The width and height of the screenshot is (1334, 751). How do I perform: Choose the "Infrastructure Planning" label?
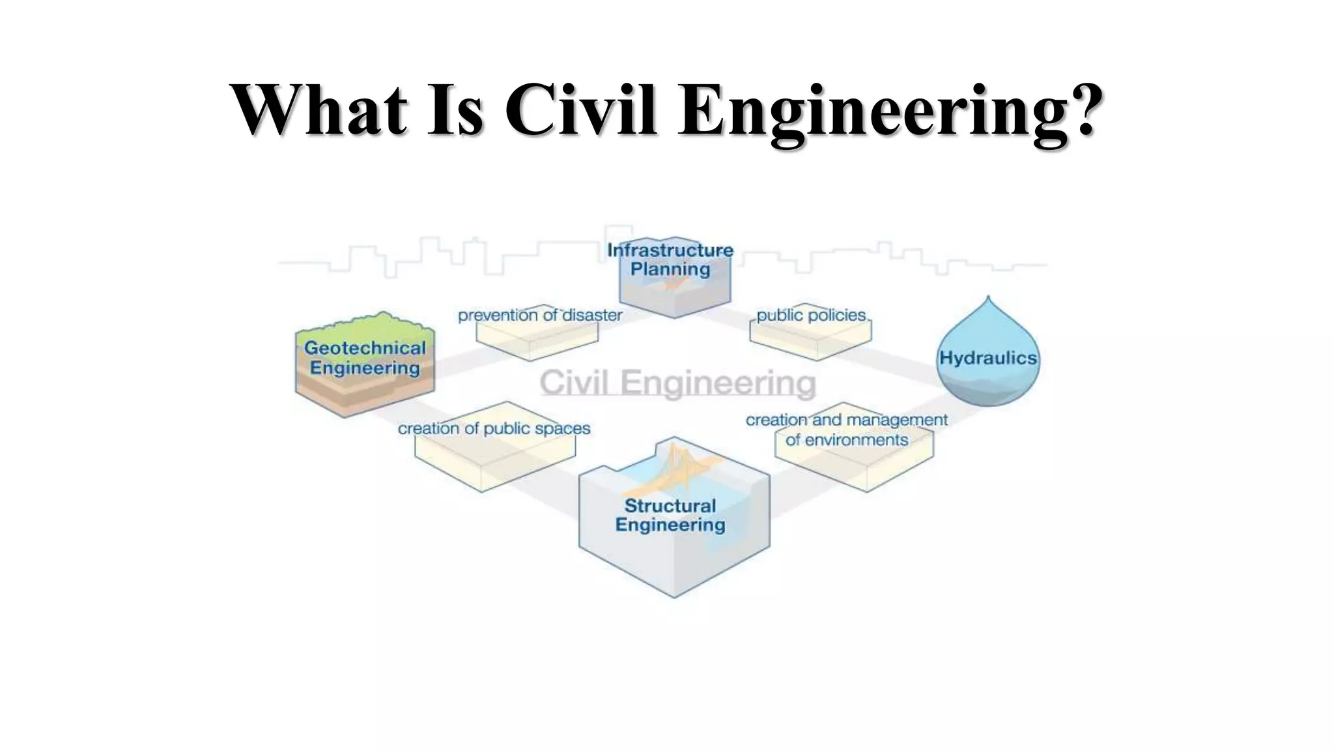[x=670, y=259]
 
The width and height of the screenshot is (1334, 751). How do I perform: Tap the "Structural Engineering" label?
[x=670, y=515]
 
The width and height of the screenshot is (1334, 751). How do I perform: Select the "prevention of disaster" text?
[x=540, y=316]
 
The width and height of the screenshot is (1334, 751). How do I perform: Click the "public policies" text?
[x=811, y=316]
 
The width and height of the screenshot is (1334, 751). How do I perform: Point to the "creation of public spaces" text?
[x=494, y=428]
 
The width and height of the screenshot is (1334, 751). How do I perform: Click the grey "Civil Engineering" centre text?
[x=677, y=383]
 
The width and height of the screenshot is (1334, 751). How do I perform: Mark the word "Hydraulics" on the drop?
[x=987, y=358]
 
